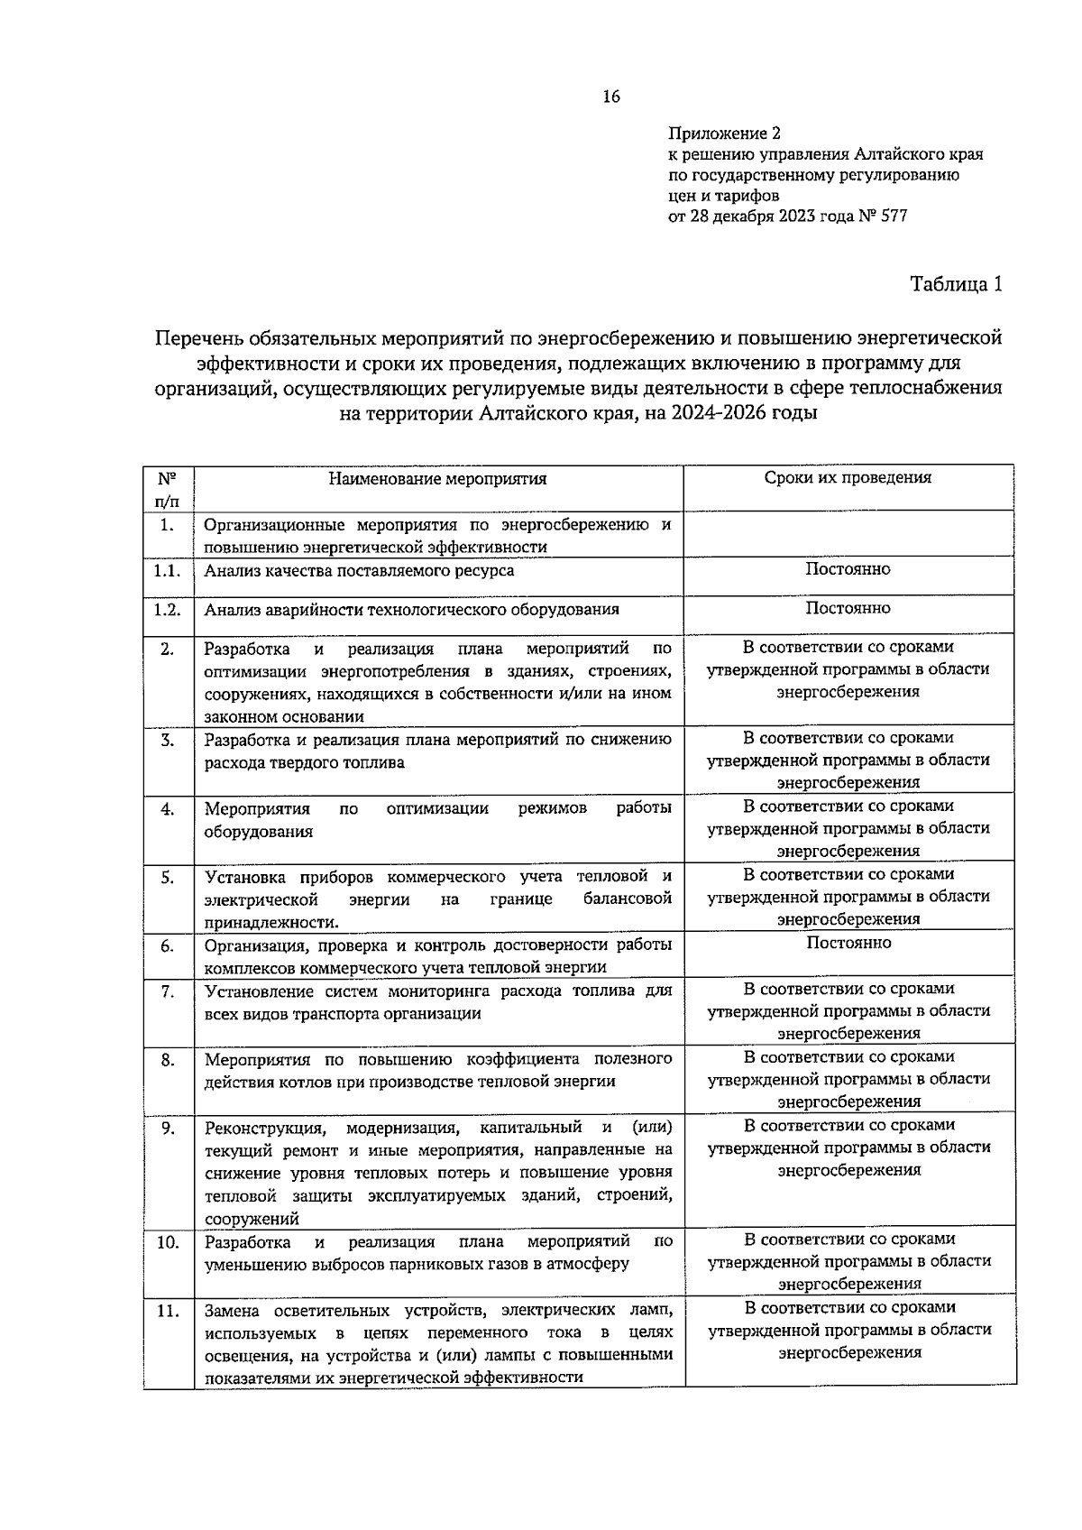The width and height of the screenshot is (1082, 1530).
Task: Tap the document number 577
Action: [x=893, y=217]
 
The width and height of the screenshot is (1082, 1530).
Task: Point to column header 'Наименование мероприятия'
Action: [x=437, y=479]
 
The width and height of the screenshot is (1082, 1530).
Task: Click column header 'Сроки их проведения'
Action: [x=848, y=478]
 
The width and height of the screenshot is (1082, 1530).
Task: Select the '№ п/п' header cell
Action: [x=168, y=488]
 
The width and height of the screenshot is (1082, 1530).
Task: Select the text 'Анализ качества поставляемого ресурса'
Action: [x=359, y=571]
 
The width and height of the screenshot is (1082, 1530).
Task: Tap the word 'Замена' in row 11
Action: [x=232, y=1310]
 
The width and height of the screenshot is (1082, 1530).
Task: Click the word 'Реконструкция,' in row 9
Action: [x=264, y=1128]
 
